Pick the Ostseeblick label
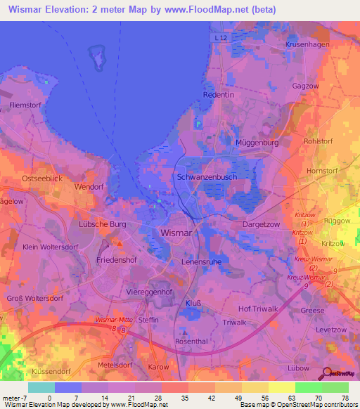pyautogui.click(x=42, y=178)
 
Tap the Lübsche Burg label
pyautogui.click(x=102, y=224)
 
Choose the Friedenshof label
pyautogui.click(x=115, y=260)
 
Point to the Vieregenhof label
pyautogui.click(x=150, y=291)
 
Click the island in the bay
pyautogui.click(x=95, y=56)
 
